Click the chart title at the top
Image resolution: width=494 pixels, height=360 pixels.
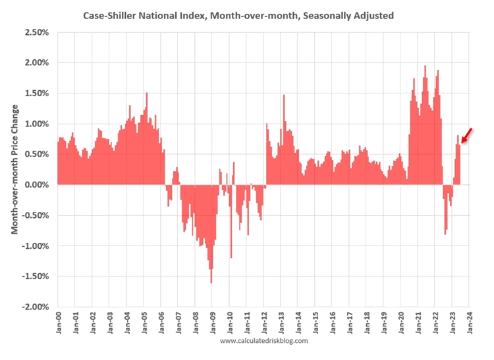tap(238, 14)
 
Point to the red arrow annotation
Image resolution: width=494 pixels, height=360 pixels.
tap(466, 136)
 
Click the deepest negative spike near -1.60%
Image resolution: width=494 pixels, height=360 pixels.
tap(211, 282)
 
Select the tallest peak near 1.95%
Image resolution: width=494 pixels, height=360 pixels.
tap(425, 67)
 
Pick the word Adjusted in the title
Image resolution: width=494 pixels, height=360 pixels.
tap(372, 14)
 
